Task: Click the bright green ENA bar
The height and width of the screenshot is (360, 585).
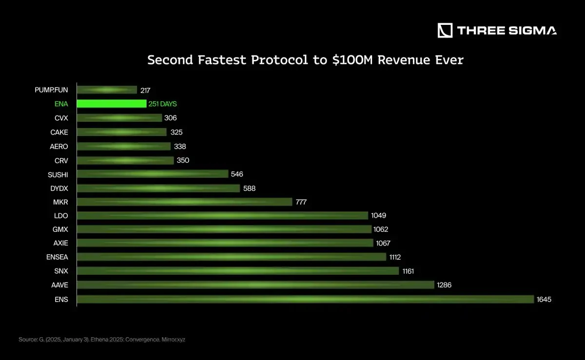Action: click(112, 104)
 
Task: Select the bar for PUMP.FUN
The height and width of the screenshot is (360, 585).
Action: click(107, 90)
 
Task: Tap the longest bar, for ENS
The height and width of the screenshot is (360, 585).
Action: click(306, 299)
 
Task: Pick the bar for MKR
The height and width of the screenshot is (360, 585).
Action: click(184, 202)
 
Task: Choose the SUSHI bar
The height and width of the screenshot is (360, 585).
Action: click(153, 174)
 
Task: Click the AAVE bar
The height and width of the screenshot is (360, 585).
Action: click(255, 285)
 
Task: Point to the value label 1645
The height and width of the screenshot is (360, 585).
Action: click(544, 300)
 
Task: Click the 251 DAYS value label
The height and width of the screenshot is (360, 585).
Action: click(163, 104)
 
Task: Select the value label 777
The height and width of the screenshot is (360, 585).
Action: click(301, 202)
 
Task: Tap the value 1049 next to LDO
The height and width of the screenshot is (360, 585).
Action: click(378, 215)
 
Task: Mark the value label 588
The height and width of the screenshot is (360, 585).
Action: click(249, 188)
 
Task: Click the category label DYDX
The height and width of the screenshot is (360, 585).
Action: click(59, 188)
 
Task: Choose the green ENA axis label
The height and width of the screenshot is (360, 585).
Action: click(61, 104)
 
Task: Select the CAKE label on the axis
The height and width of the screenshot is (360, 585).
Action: click(59, 132)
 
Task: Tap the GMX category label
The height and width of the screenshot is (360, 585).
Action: click(60, 229)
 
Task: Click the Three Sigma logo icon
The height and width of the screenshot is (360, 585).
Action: click(445, 30)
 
